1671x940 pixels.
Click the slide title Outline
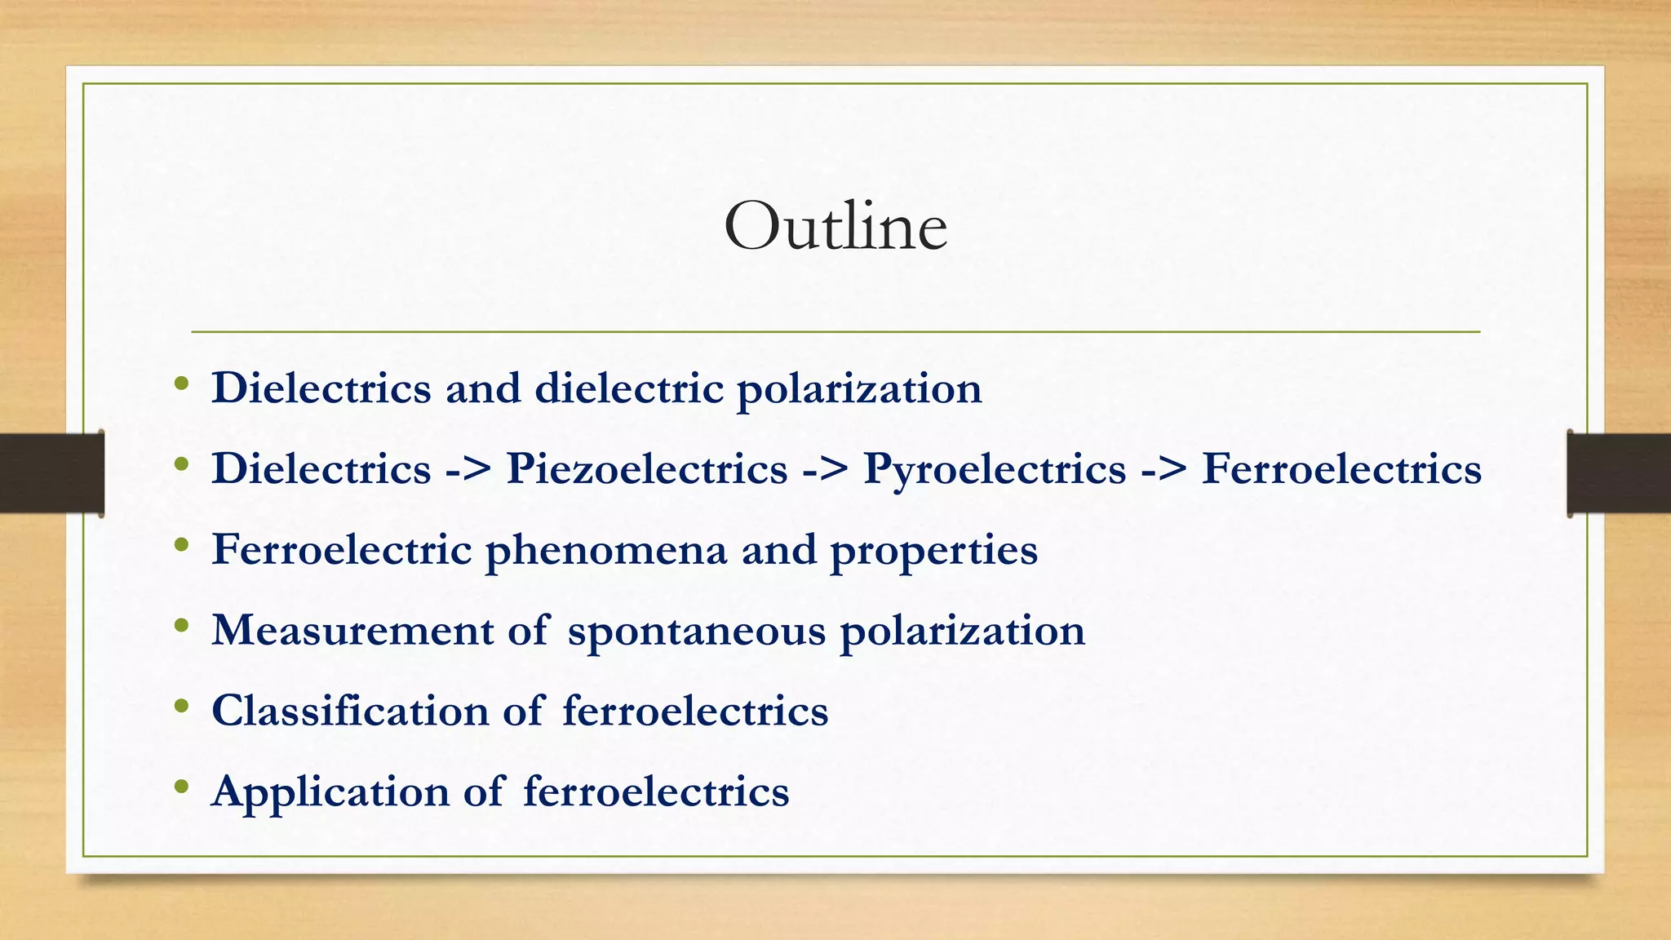[835, 227]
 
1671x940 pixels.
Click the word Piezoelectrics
[647, 469]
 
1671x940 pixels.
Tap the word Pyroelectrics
[995, 469]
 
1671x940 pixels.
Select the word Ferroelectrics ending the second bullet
[1341, 469]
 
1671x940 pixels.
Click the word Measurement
[352, 631]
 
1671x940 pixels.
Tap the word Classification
[350, 711]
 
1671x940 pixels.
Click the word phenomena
[606, 551]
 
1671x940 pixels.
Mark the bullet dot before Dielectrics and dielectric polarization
[182, 384]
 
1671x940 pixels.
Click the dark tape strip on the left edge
[51, 473]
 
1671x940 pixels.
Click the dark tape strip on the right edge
[1619, 473]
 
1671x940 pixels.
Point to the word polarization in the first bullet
[859, 389]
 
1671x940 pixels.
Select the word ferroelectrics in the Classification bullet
[695, 711]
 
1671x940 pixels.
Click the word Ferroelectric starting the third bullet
[342, 550]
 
